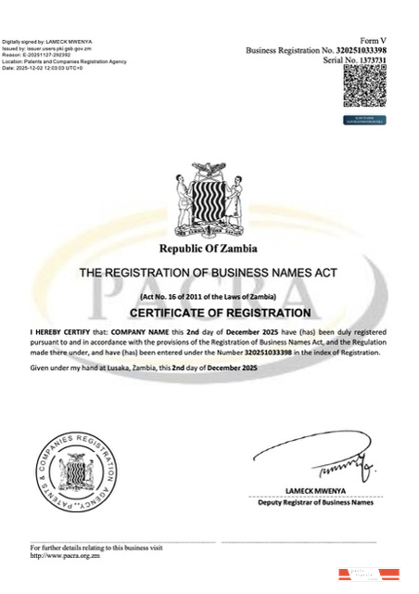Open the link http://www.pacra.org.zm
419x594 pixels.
tap(65, 555)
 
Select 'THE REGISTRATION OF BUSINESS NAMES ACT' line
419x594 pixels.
tap(208, 273)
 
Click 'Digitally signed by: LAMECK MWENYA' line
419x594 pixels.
tap(47, 43)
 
